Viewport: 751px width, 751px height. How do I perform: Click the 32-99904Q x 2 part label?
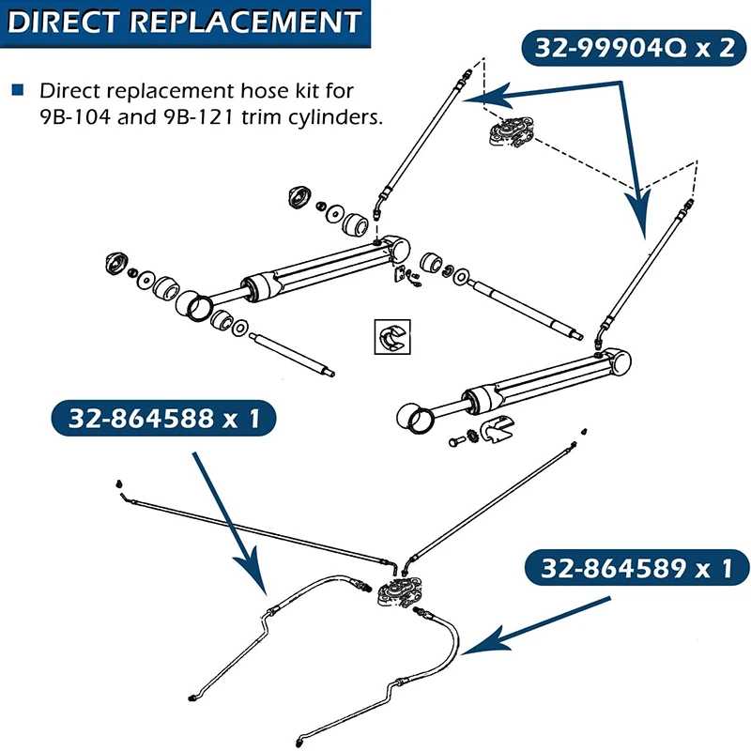pyautogui.click(x=635, y=48)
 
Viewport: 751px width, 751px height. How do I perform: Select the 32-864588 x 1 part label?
pyautogui.click(x=161, y=419)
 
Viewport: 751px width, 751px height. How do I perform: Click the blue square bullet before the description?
pyautogui.click(x=18, y=91)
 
